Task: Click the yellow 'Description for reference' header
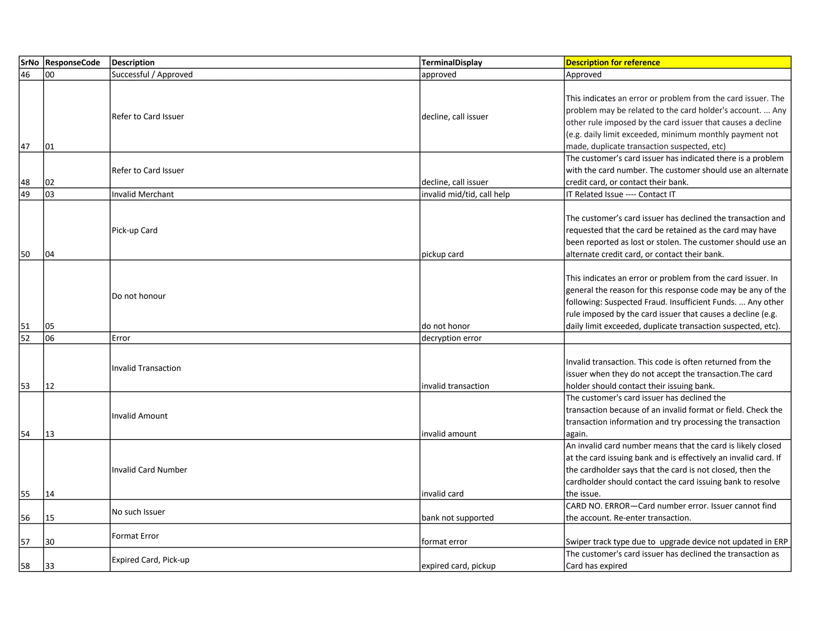point(613,63)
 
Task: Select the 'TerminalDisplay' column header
point(452,63)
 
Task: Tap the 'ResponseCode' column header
point(73,63)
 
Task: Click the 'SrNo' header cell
point(30,63)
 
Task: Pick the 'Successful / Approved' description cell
point(152,75)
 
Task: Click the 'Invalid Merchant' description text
point(142,194)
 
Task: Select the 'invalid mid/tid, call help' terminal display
point(466,194)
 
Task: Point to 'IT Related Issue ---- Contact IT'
point(620,194)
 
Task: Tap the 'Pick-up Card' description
point(134,230)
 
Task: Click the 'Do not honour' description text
point(138,296)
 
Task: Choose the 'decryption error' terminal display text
point(452,338)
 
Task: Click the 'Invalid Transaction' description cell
point(146,368)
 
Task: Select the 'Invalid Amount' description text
point(140,416)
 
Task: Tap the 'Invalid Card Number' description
point(149,470)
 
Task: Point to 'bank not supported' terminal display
point(457,518)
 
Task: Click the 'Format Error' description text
point(135,536)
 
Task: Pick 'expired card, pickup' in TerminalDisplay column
point(458,566)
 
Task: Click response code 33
point(50,566)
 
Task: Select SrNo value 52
point(25,338)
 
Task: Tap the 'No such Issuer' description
point(138,512)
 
